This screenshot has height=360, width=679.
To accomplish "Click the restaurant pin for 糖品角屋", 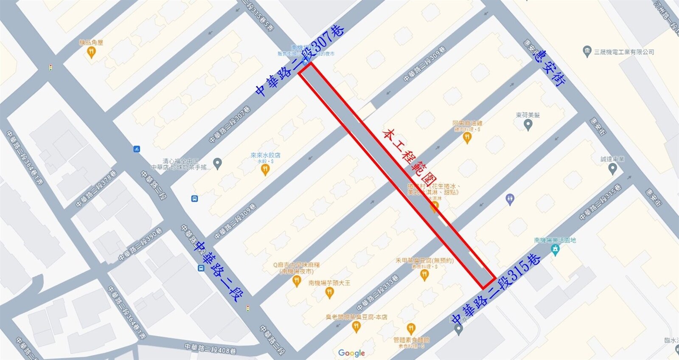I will pos(91,53).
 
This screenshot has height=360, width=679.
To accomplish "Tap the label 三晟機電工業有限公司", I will pos(624,52).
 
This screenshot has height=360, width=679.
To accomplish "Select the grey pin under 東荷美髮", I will pos(528,125).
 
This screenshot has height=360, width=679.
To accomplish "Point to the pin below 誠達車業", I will pos(612,169).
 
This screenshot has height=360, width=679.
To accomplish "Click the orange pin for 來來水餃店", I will pos(265,170).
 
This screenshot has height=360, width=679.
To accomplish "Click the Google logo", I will pos(351,353).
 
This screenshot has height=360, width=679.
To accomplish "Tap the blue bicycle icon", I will pos(136,149).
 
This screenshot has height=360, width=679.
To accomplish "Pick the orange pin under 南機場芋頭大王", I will pos(329,292).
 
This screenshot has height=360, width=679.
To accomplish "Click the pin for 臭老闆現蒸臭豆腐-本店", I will pos(356,326).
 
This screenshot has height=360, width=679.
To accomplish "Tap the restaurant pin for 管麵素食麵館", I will pos(410,328).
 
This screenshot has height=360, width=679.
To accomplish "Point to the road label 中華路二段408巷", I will pos(210,349).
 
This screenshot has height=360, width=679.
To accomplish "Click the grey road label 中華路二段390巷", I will pos(140,245).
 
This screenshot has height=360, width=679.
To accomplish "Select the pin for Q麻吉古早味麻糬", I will pos(297,281).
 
